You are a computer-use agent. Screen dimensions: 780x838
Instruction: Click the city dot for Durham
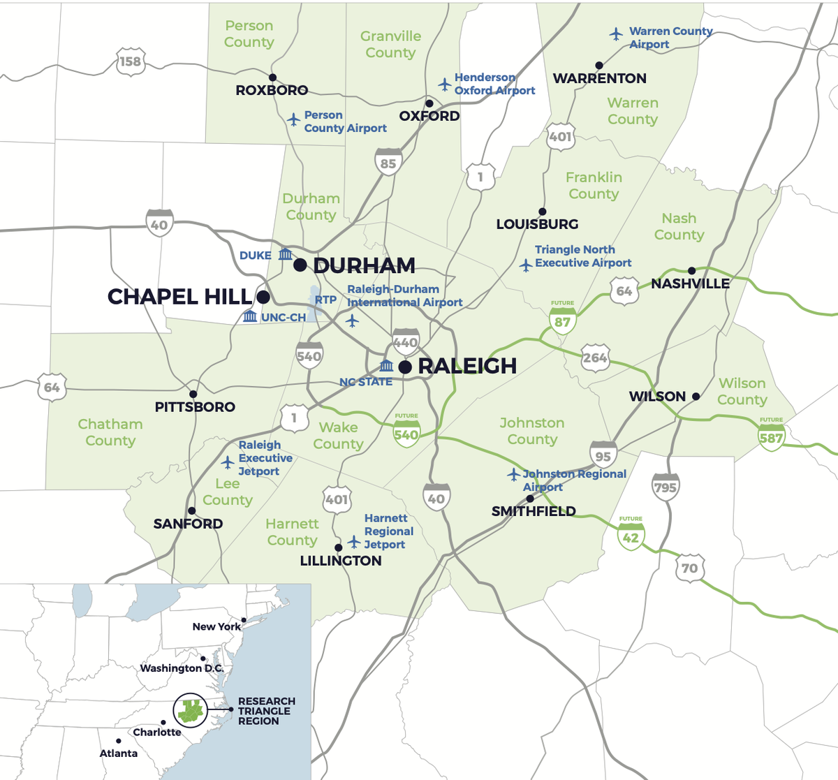pyautogui.click(x=300, y=265)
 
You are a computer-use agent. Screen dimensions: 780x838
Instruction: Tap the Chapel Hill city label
pyautogui.click(x=179, y=297)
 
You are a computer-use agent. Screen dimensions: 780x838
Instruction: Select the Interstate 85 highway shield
pyautogui.click(x=388, y=162)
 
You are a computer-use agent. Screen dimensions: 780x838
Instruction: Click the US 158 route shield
pyautogui.click(x=130, y=61)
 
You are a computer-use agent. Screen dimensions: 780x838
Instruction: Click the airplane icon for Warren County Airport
pyautogui.click(x=615, y=34)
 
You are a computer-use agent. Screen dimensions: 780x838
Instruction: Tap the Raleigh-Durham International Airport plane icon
pyautogui.click(x=353, y=321)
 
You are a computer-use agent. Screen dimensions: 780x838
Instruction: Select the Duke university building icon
pyautogui.click(x=285, y=254)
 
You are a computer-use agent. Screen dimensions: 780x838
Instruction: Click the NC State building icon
pyautogui.click(x=387, y=366)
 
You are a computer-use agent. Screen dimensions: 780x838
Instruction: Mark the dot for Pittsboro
pyautogui.click(x=193, y=395)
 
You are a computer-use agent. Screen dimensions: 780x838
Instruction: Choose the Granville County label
pyautogui.click(x=390, y=45)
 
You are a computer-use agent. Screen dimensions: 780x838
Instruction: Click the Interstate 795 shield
pyautogui.click(x=665, y=486)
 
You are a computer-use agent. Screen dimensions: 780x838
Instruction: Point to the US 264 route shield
pyautogui.click(x=595, y=358)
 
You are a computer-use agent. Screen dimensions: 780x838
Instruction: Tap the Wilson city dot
pyautogui.click(x=696, y=397)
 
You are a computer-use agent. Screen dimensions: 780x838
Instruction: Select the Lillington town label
pyautogui.click(x=341, y=561)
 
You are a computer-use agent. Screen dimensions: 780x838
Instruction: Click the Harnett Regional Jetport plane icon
pyautogui.click(x=354, y=542)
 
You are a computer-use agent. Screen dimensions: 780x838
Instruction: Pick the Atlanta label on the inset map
pyautogui.click(x=119, y=753)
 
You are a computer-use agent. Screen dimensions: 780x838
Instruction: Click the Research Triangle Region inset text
pyautogui.click(x=266, y=711)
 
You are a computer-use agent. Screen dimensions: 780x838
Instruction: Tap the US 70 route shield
pyautogui.click(x=690, y=568)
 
